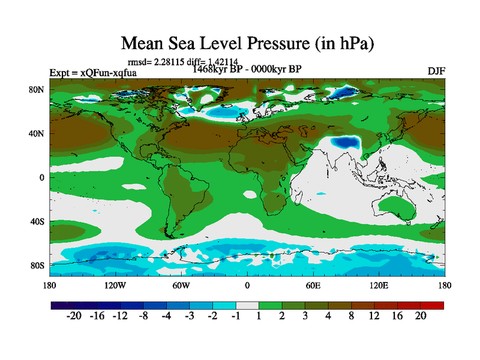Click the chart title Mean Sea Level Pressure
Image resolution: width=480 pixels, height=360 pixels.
pyautogui.click(x=248, y=43)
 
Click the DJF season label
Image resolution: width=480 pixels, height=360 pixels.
pyautogui.click(x=436, y=71)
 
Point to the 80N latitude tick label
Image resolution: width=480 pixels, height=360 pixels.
pyautogui.click(x=38, y=89)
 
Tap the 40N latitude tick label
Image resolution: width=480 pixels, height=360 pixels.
pyautogui.click(x=38, y=133)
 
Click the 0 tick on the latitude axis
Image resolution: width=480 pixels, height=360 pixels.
pyautogui.click(x=43, y=178)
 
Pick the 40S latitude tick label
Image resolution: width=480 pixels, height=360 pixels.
pyautogui.click(x=38, y=221)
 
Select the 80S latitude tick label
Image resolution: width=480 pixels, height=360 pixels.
pyautogui.click(x=38, y=265)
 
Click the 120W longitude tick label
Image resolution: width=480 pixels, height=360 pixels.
pyautogui.click(x=115, y=286)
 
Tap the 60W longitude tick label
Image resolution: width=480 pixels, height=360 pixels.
pyautogui.click(x=181, y=286)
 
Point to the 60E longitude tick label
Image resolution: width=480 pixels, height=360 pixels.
pyautogui.click(x=313, y=286)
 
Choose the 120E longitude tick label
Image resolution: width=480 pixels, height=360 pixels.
pyautogui.click(x=379, y=286)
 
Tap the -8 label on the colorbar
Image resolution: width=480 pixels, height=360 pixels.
pyautogui.click(x=142, y=316)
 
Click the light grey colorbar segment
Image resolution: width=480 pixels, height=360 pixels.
pyautogui.click(x=247, y=305)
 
